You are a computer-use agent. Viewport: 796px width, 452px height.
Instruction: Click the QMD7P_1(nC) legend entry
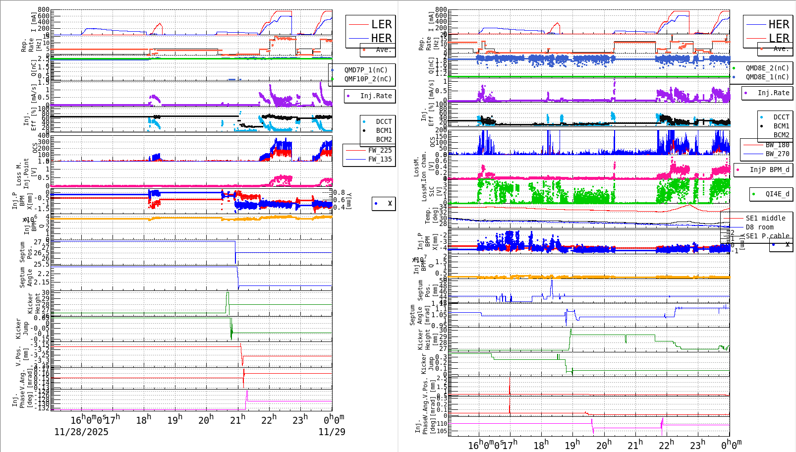point(366,70)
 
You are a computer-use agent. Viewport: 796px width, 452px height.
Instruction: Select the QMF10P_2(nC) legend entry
point(367,79)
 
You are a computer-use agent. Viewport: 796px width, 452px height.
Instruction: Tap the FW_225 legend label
point(380,150)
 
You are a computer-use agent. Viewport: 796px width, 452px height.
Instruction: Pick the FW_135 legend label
point(380,159)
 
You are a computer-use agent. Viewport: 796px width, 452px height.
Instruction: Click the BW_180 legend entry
point(777,145)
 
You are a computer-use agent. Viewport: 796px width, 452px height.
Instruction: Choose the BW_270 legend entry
point(777,154)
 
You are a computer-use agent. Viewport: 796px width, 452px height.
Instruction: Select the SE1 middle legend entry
point(765,218)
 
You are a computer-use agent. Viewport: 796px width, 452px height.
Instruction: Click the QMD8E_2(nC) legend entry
point(767,68)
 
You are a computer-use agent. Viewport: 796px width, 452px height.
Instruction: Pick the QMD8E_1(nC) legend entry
point(767,77)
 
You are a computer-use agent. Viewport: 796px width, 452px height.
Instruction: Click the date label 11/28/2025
point(81,432)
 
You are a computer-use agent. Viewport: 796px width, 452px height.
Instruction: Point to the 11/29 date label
point(332,432)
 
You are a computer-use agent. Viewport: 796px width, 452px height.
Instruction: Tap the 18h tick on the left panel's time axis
point(144,420)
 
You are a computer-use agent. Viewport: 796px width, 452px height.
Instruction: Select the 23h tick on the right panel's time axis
point(697,445)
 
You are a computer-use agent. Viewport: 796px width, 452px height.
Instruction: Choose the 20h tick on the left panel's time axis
point(206,420)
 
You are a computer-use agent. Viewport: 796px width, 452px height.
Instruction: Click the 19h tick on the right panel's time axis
point(572,445)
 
